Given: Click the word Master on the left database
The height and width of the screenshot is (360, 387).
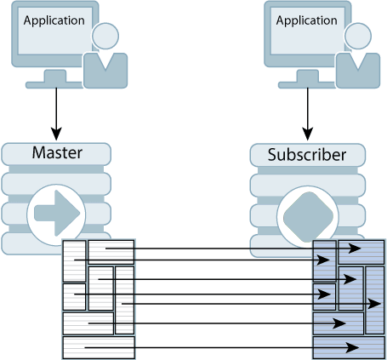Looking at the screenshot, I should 56,153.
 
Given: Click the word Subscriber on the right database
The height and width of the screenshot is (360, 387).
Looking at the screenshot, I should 306,155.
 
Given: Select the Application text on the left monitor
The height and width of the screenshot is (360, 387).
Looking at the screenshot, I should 54,20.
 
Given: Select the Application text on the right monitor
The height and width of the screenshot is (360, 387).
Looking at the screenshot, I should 305,20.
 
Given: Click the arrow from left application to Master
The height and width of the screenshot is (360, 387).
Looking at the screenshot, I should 56,111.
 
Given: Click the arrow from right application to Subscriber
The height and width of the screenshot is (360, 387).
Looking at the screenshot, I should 307,111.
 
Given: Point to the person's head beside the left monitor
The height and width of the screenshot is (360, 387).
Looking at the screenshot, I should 106,37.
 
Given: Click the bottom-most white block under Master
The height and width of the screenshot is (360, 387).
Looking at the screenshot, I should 99,347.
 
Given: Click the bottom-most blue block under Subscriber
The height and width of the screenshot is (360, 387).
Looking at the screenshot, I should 349,347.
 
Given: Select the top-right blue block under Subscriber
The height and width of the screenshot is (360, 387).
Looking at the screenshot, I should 361,252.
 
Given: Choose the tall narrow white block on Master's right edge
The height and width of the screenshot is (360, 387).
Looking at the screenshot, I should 124,300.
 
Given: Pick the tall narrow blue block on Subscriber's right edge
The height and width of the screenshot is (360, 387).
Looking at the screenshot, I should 375,300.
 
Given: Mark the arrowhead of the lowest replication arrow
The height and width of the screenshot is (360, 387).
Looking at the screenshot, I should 352,347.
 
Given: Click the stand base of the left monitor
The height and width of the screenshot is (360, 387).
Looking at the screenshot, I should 56,84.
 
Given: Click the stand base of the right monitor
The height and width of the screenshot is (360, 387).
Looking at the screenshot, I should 307,84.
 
